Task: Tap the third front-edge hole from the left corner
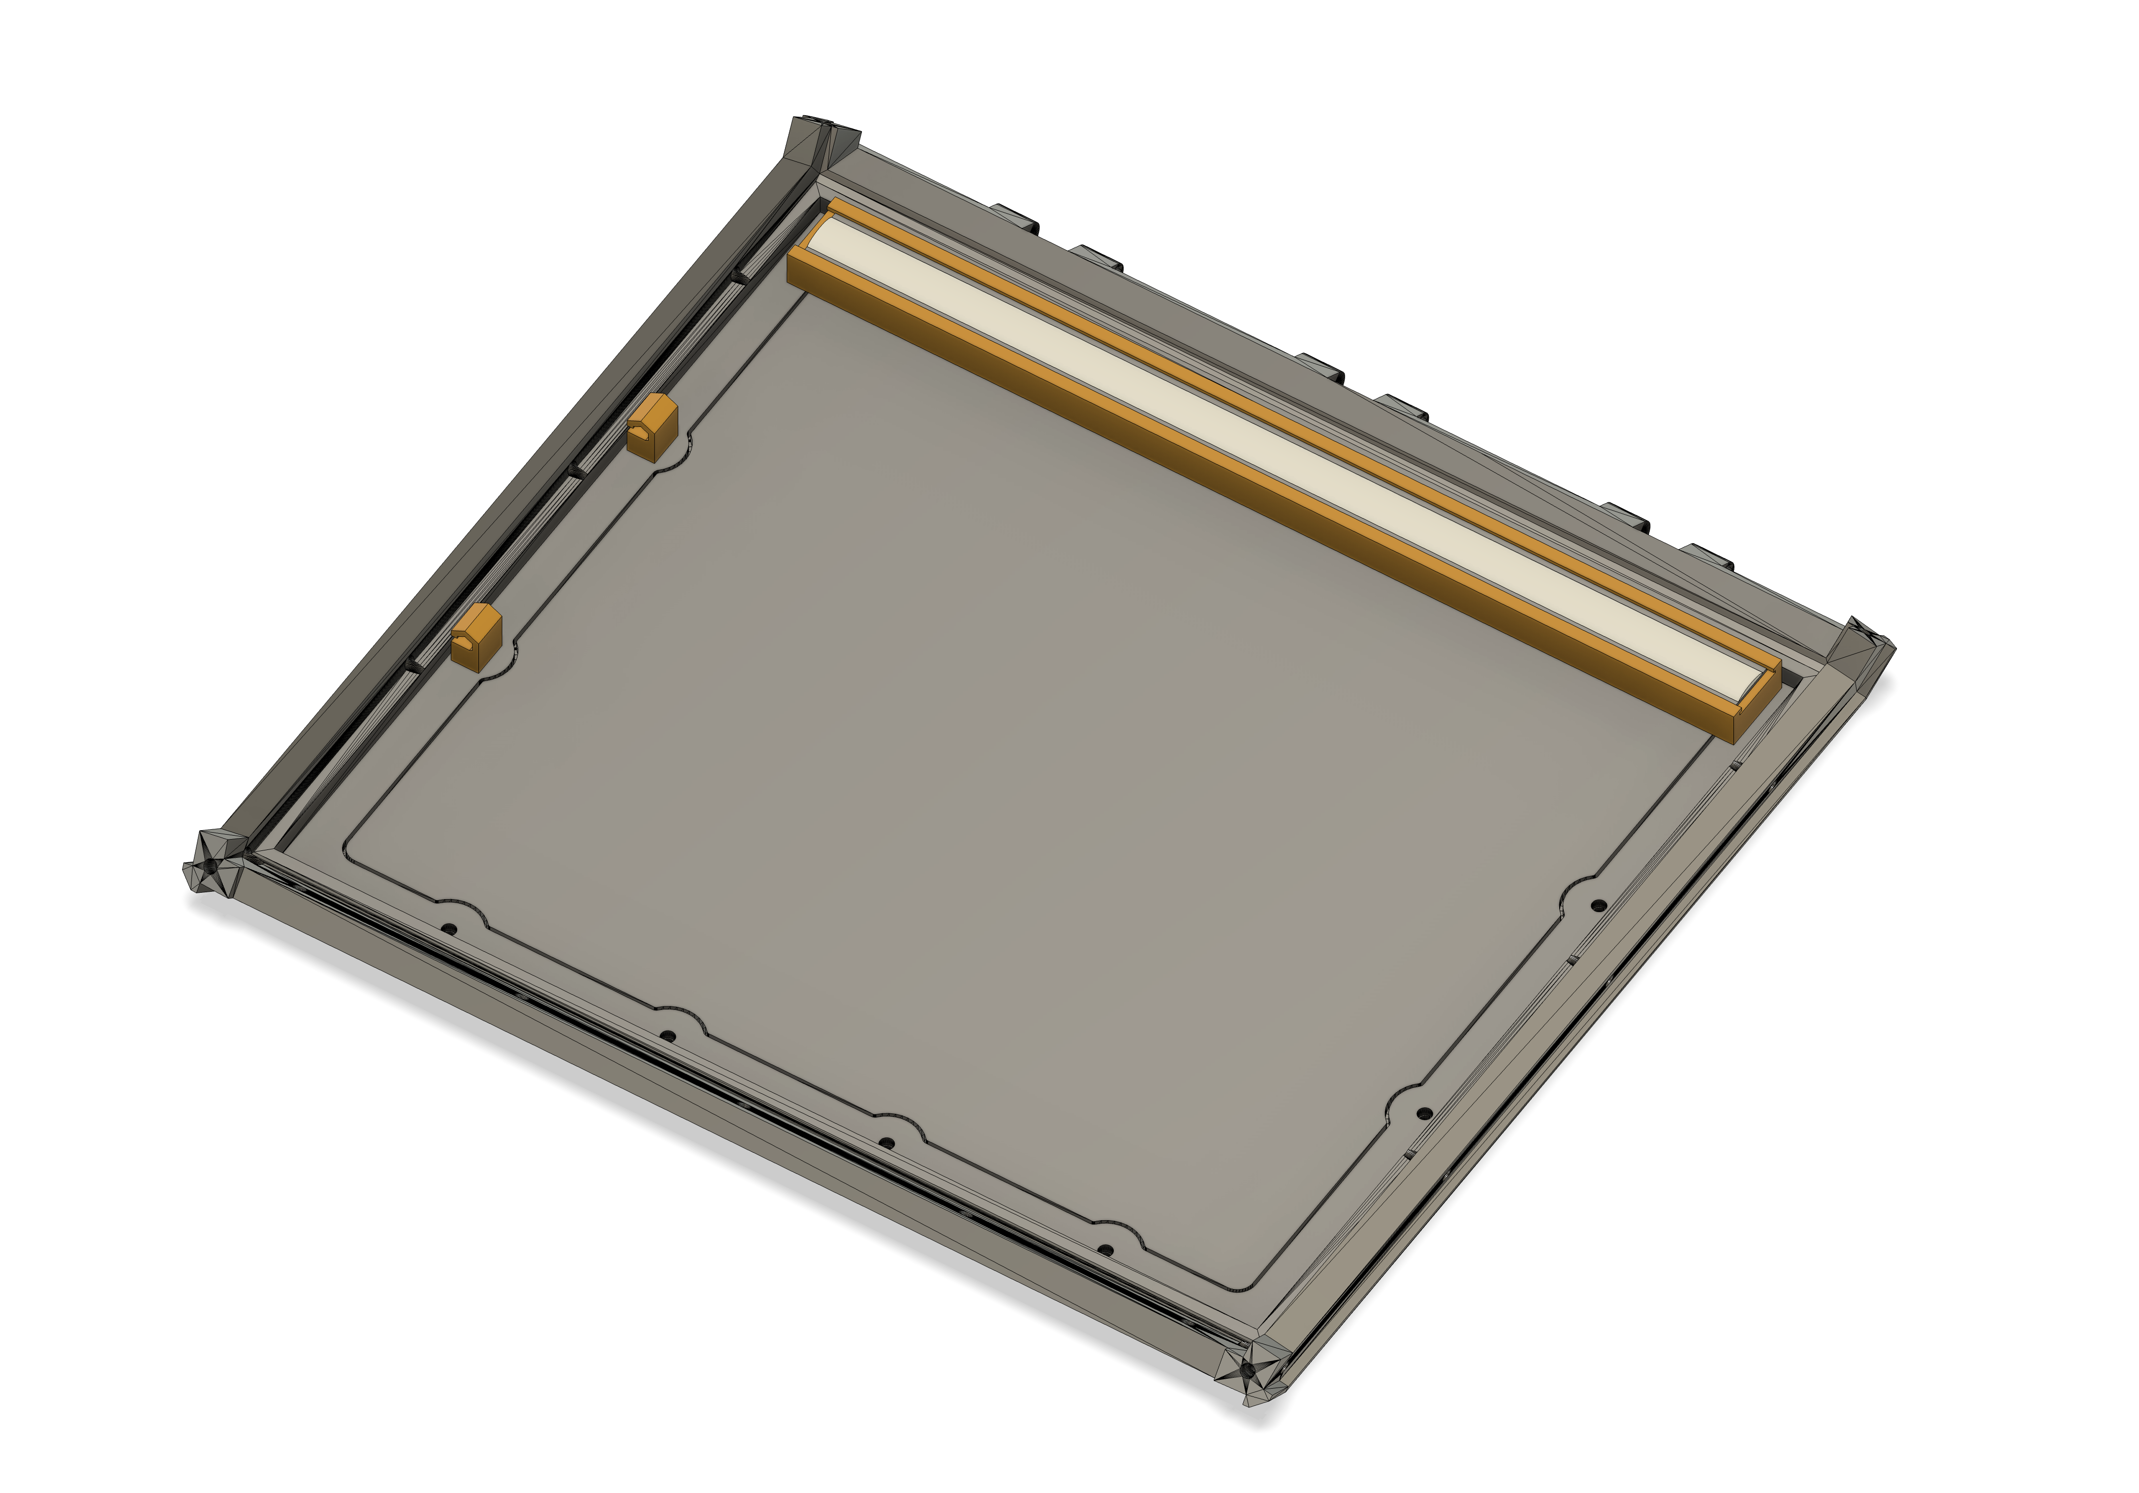pyautogui.click(x=887, y=1143)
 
